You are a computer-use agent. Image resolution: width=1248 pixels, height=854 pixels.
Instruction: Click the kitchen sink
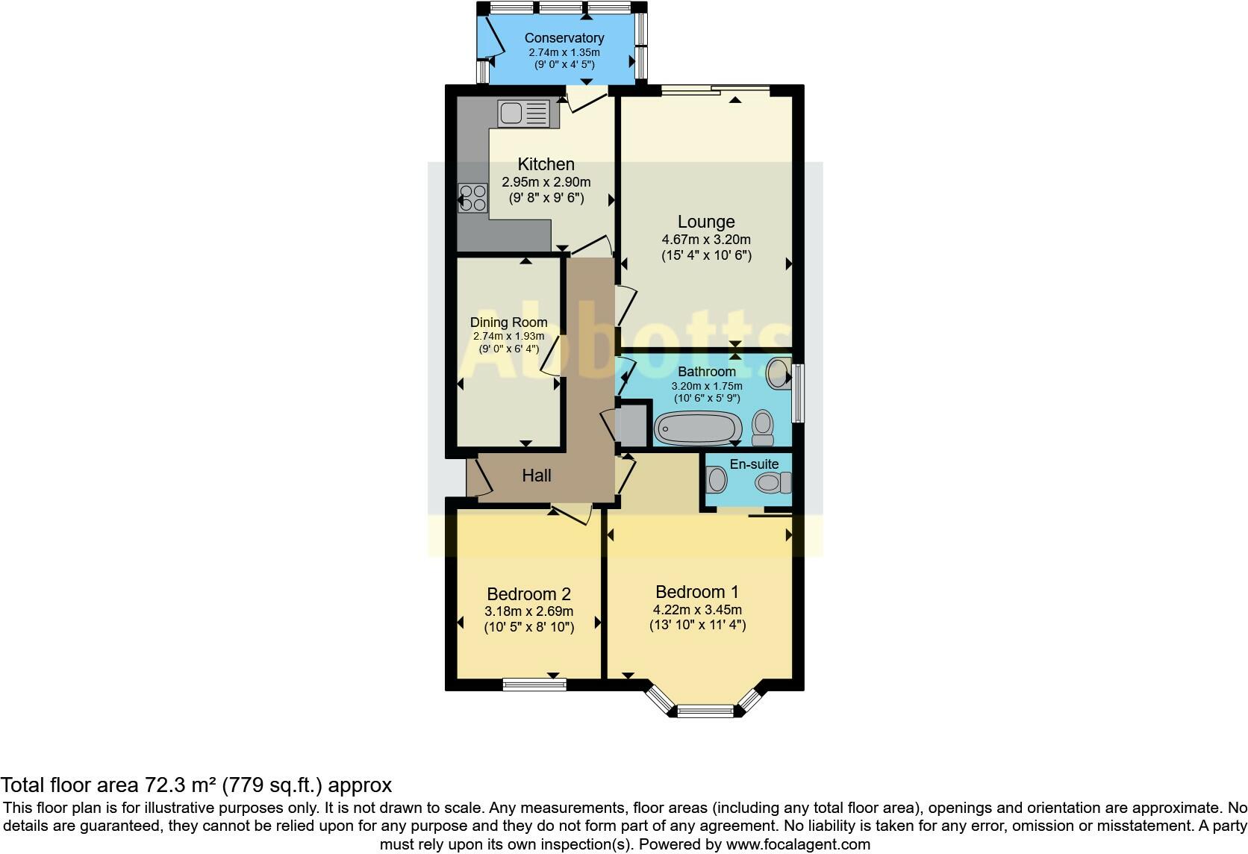coord(523,113)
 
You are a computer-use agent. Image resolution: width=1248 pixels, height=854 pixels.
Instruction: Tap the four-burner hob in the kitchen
coord(472,199)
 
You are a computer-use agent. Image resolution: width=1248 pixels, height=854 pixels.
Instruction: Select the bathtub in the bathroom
coord(698,428)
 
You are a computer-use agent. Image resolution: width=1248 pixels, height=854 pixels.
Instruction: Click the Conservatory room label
coord(564,38)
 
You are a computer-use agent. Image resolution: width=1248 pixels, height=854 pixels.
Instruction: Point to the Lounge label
coord(706,222)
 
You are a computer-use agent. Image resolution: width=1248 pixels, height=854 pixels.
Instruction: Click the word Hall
coord(537,476)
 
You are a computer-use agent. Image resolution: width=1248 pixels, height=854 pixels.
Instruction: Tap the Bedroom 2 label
coord(528,594)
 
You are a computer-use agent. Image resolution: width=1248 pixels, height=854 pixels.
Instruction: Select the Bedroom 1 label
coord(697,592)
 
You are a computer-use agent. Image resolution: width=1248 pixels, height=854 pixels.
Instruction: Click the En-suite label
coord(754,464)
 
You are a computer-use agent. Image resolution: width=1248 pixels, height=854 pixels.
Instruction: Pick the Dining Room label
coord(508,322)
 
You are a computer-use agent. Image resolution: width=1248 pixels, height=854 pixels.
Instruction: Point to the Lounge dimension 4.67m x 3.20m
coord(706,240)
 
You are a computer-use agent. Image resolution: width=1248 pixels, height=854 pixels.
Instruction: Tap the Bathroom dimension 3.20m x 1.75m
coord(706,386)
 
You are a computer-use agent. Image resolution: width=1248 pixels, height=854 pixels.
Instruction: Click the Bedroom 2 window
coord(534,685)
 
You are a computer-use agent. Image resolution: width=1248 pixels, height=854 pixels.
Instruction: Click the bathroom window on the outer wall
coord(799,393)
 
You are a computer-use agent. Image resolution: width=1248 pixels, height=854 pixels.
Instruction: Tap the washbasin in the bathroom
coord(779,373)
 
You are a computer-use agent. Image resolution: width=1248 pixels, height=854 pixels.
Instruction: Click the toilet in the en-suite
coord(773,482)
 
